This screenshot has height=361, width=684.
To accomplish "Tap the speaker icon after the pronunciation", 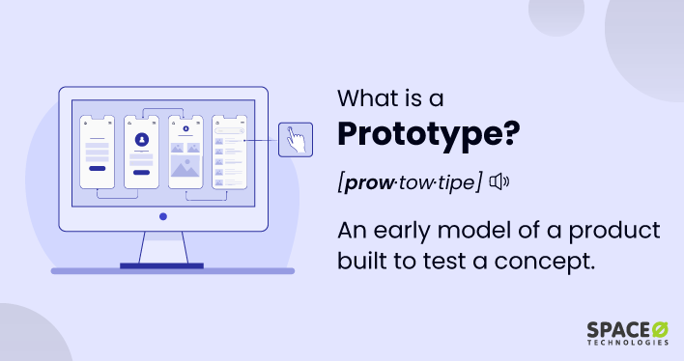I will click(498, 181).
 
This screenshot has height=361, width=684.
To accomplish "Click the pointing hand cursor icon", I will click(295, 140).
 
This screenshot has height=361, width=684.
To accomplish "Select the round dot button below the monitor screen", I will click(162, 216).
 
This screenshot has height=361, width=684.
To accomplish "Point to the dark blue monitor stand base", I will click(162, 264).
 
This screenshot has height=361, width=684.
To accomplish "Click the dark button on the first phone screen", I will click(97, 168).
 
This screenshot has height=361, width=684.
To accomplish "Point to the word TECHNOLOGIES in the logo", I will click(626, 344).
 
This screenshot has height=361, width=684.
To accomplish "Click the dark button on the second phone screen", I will click(141, 173).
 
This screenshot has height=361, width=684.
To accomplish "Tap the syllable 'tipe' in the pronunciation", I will click(454, 182).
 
